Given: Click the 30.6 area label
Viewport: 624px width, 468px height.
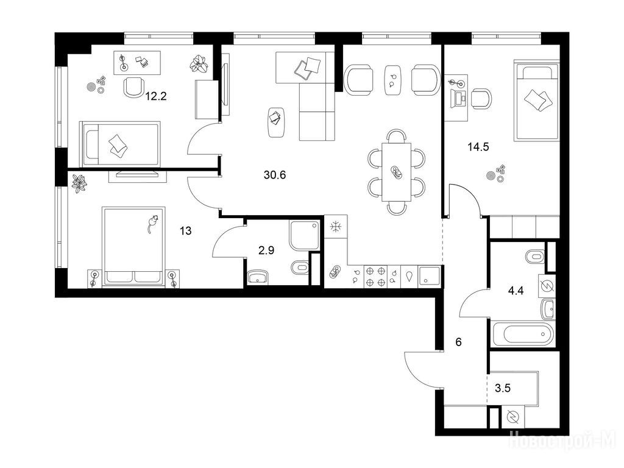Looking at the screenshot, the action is point(275,175).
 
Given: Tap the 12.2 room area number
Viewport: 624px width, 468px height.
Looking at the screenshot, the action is point(155,96).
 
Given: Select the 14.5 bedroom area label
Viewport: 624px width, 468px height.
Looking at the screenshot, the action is point(478,147).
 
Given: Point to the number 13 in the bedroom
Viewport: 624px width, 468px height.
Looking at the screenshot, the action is point(185,230).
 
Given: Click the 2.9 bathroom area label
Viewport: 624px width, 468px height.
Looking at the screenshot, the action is point(266,250).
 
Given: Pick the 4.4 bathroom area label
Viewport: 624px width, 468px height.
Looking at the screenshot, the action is point(516,291).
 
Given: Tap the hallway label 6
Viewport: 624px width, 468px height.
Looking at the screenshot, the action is point(458,342).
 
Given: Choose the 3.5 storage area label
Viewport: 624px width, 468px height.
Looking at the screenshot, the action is point(503,388).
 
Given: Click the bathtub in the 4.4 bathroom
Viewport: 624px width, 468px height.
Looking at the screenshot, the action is point(522,334).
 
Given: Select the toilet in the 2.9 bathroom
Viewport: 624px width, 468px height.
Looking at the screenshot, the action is point(300,268).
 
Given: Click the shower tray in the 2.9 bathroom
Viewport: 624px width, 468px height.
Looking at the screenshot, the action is point(305,236).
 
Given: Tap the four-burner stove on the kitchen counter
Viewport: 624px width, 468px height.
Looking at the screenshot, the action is point(375,277).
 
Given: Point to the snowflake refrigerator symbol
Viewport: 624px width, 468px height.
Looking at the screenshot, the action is point(336,227).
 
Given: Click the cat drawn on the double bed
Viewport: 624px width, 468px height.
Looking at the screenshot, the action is point(151,224).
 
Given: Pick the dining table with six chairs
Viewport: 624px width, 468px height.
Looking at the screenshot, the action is point(396,172).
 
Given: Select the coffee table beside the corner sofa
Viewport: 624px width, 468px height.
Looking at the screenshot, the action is point(277,122).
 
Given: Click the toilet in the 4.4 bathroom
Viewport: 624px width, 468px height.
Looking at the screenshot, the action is point(535,257).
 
